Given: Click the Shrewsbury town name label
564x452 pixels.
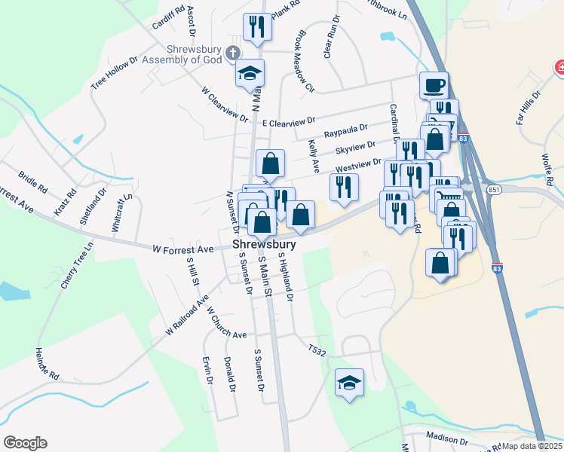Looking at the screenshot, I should click(263, 246).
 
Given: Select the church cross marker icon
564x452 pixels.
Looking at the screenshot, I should click(234, 53).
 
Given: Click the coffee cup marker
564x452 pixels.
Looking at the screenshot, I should click(434, 85).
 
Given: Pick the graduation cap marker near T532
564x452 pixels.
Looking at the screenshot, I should click(349, 382).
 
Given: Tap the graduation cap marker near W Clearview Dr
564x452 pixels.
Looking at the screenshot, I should click(250, 74).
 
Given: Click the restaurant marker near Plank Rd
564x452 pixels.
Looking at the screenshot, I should click(257, 28).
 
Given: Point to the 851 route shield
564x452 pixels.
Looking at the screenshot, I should click(494, 188).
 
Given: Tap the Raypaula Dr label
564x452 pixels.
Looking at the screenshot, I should click(345, 132).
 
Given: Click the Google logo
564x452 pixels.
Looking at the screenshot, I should click(25, 443).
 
